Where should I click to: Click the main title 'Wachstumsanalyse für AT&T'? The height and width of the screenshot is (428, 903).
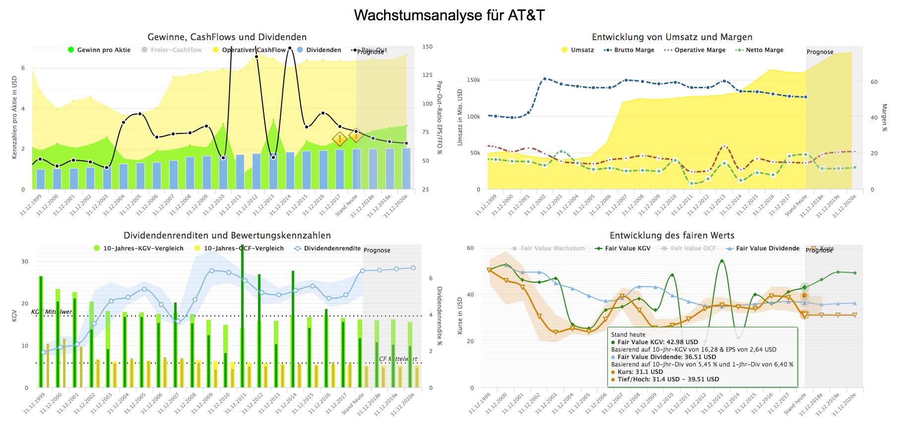(449, 15)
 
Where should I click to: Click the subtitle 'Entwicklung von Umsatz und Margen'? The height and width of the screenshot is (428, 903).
(672, 37)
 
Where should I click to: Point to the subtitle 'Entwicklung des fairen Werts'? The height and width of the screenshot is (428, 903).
(672, 236)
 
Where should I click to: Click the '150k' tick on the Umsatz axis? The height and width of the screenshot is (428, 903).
(473, 80)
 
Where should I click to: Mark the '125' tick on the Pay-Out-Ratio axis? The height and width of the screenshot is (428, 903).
(427, 75)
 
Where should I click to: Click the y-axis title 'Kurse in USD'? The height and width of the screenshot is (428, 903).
(459, 315)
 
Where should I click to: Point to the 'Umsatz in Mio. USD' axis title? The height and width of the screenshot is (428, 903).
(459, 118)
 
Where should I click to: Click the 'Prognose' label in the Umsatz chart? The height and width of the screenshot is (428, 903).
(820, 52)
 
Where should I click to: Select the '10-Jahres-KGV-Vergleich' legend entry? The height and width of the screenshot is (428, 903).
(143, 248)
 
